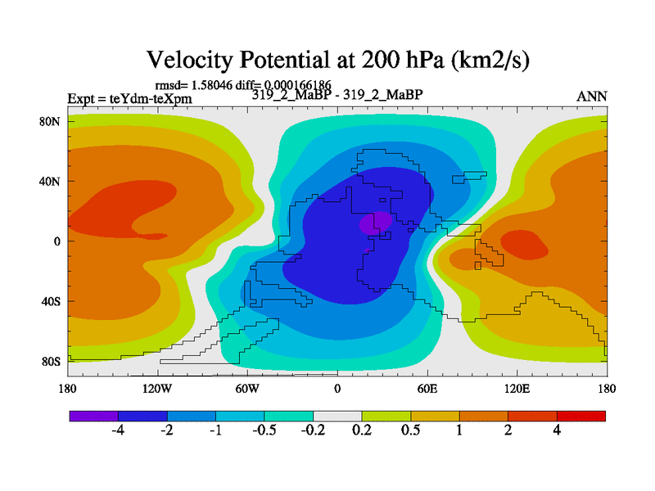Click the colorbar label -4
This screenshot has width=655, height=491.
pos(117,431)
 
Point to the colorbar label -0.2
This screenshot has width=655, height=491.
pos(313,431)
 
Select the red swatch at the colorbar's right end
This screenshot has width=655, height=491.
pos(581,416)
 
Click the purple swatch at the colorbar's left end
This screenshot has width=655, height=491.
pos(93,416)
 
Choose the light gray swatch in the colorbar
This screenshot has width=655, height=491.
pos(337,416)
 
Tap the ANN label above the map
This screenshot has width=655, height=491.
pos(592,96)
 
